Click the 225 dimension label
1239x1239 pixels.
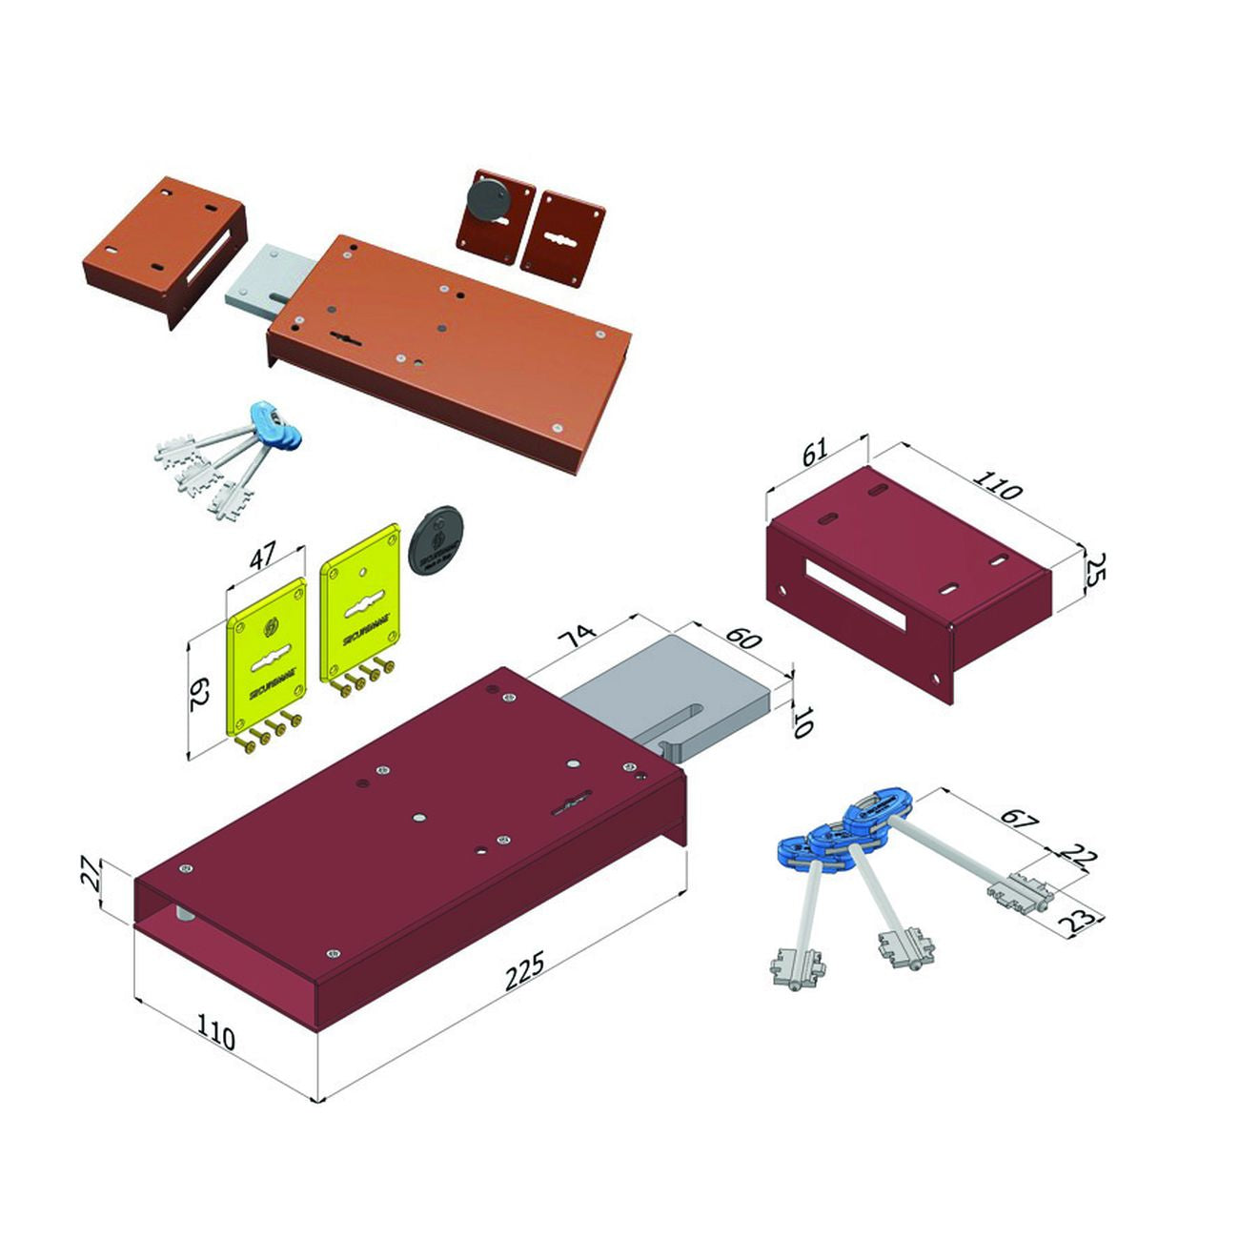pyautogui.click(x=525, y=968)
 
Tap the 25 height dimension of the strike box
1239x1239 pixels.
pyautogui.click(x=1095, y=572)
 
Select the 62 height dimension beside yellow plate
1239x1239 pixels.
pyautogui.click(x=198, y=694)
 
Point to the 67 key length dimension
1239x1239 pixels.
pyautogui.click(x=1018, y=817)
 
